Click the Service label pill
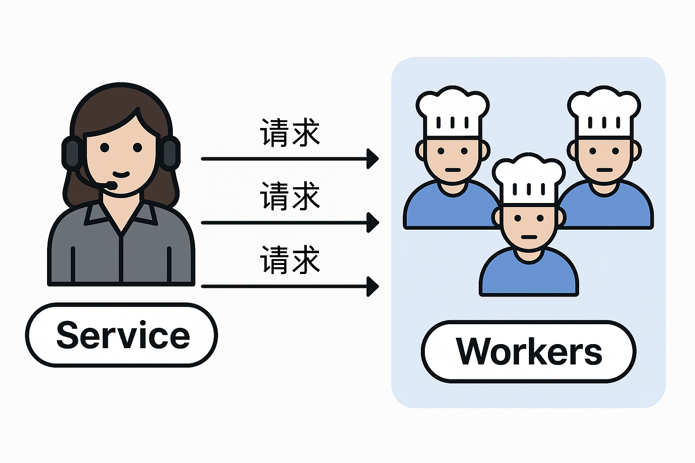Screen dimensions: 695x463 coord(121,335)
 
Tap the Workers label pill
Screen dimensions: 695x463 coord(528,352)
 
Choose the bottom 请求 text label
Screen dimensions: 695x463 coord(290,260)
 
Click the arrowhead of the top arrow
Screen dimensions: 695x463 coord(373,159)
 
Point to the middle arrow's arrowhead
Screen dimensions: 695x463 coord(373,222)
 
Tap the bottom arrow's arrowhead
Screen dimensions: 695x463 coord(373,286)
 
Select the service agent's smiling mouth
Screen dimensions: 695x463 coord(121,174)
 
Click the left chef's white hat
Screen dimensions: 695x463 coord(452,111)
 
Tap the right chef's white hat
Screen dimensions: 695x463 coord(604,111)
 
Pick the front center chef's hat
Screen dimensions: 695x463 coord(528,179)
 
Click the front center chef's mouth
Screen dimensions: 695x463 coord(528,237)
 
